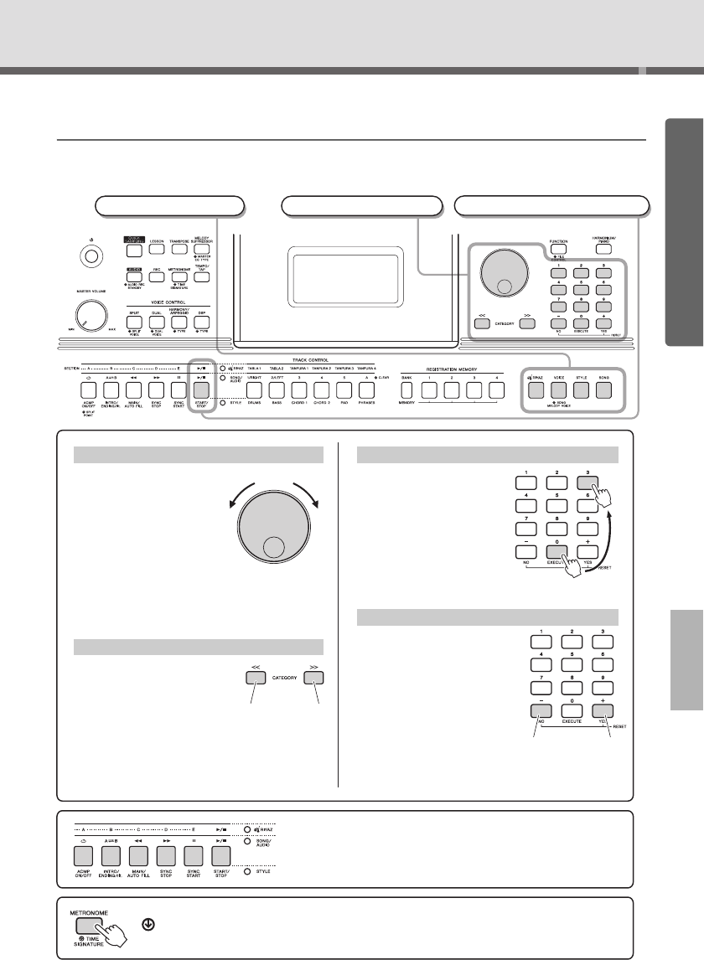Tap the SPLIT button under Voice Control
[134, 320]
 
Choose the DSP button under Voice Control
[202, 320]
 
